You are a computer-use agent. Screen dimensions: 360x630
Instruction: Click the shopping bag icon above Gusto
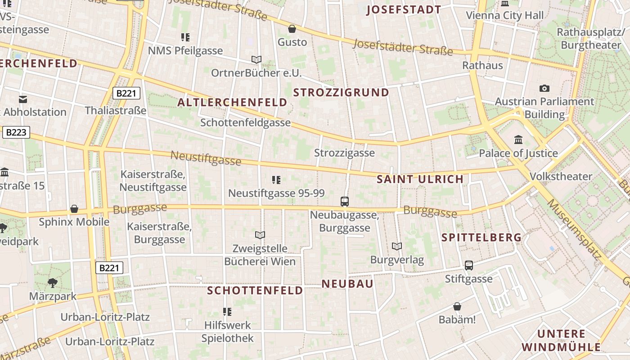coord(292,29)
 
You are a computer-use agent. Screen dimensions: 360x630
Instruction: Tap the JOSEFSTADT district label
coord(404,10)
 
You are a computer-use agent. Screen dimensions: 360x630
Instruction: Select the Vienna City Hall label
coord(504,15)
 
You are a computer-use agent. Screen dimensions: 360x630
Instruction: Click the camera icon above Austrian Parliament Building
coord(544,88)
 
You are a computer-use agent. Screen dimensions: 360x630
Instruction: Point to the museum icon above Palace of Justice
coord(518,139)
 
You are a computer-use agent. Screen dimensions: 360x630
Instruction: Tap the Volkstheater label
coord(561,176)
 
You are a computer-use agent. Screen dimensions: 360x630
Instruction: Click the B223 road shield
coord(16,132)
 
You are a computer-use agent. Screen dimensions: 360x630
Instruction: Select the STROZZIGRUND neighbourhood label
coord(341,93)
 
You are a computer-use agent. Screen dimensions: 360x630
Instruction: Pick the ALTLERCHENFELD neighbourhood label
coord(232,103)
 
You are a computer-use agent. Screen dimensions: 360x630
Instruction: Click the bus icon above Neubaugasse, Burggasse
coord(345,202)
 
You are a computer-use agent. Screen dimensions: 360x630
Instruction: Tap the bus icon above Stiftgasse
coord(469,265)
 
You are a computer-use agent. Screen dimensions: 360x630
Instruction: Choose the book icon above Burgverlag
coord(396,246)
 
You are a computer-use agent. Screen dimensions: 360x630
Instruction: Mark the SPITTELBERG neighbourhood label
coord(481,237)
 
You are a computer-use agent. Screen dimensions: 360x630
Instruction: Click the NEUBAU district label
coord(347,283)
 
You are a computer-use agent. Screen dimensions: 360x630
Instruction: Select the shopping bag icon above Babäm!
coord(457,306)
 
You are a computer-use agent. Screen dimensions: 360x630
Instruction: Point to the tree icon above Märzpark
coord(53,283)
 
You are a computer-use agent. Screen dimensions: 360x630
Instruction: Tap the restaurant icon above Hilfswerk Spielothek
coord(227,311)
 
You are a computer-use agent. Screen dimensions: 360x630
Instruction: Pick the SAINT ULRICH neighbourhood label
coord(420,179)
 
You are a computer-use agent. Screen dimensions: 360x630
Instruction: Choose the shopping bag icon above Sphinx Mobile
coord(74,209)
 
